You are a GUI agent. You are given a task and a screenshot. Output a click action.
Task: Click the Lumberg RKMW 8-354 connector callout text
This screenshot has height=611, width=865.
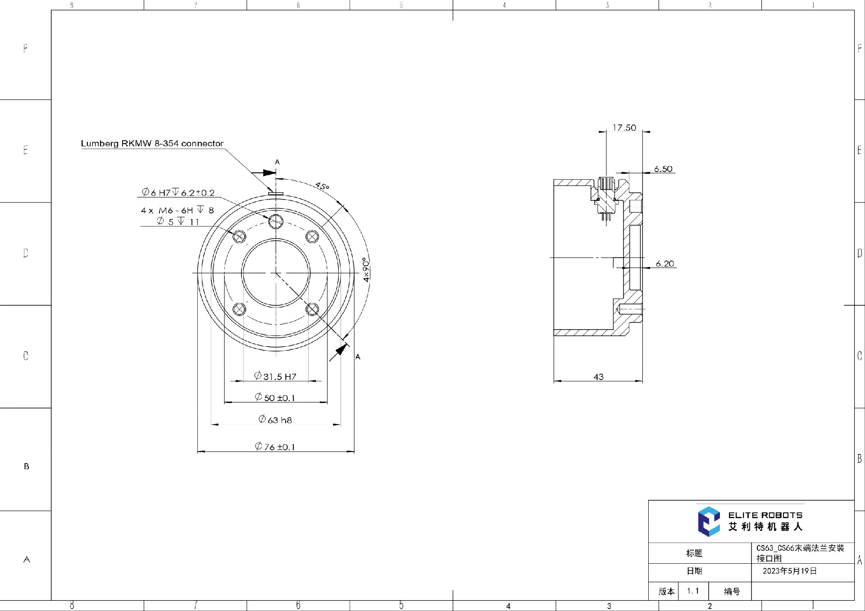pos(152,143)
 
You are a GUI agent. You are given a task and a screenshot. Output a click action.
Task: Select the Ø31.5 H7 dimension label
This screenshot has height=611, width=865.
pos(275,376)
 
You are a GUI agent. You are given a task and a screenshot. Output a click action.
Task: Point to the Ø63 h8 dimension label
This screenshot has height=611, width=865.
pos(275,420)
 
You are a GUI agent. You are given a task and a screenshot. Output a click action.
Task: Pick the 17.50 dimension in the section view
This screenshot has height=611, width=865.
pos(624,128)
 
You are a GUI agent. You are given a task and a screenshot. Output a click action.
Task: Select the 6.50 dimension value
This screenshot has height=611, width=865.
pos(663,169)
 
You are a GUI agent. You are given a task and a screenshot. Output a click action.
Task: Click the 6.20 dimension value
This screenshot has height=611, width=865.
pos(665,263)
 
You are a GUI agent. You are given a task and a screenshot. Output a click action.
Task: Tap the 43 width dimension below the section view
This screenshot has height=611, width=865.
pos(598,376)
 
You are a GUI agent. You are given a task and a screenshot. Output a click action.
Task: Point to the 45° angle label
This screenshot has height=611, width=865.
pos(322,186)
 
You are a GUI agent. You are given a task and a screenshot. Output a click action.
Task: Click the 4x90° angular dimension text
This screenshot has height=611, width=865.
pos(366,270)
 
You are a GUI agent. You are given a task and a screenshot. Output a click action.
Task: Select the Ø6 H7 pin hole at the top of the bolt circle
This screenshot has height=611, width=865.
pos(276,221)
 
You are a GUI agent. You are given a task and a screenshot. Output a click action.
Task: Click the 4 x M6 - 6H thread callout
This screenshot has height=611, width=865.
pos(177,210)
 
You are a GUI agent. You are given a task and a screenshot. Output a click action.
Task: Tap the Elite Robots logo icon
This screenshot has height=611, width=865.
pos(709,521)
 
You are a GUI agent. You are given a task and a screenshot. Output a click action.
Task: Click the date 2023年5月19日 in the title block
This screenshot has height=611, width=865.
pos(789,571)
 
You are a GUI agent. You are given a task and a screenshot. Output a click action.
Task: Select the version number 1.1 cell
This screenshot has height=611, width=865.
pos(693,591)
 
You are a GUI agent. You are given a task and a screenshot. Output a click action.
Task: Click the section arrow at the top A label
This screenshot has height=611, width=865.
pos(264,172)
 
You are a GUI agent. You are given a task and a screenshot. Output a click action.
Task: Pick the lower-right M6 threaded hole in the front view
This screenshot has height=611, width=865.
pos(312,309)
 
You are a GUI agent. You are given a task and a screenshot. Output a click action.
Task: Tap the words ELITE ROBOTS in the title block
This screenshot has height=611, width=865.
pos(765,515)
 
